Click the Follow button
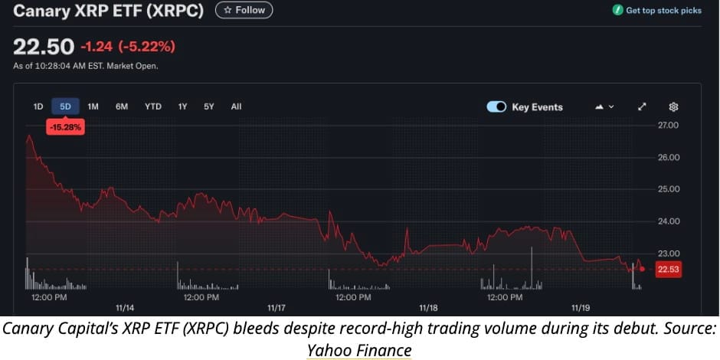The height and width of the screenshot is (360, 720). coord(244,10)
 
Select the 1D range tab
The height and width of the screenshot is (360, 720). coord(38,106)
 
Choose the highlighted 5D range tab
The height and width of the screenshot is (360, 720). coord(65,106)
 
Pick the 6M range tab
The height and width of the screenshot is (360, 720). coord(122,106)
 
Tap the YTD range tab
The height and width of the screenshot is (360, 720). coord(153,106)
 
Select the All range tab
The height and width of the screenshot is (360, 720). coord(236,106)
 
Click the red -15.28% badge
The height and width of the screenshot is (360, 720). coord(65,127)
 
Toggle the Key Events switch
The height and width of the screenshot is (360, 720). coord(496,107)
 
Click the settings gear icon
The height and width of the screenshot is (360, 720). coord(673,106)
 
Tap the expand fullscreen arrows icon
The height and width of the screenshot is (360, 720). coord(642,106)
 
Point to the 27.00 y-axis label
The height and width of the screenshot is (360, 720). coord(669,125)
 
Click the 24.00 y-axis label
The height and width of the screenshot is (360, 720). coord(669,221)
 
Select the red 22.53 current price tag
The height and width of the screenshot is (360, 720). coord(669,269)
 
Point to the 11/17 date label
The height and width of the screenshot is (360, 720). coord(277,308)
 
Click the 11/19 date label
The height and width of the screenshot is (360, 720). coord(581,308)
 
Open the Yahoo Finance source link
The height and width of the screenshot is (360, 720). coord(359,350)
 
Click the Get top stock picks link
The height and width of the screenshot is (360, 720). coord(657,11)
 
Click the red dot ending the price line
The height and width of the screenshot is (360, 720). coord(642,269)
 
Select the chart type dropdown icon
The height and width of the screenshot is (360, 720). coord(604,106)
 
